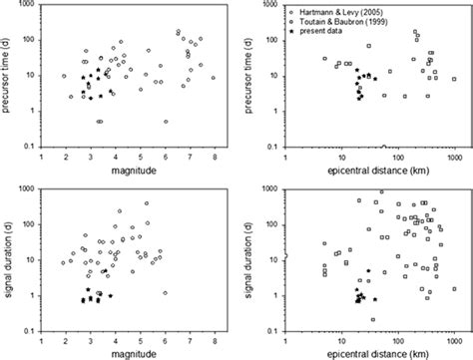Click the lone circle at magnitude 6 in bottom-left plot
(x=165, y=293)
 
